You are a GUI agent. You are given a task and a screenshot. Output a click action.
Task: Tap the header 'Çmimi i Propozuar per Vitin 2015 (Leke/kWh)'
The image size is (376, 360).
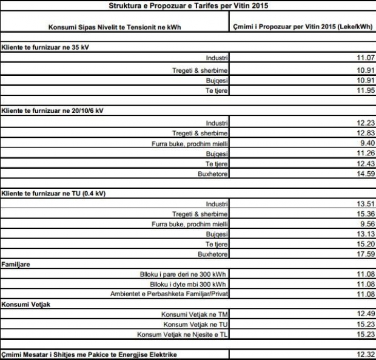coord(303,27)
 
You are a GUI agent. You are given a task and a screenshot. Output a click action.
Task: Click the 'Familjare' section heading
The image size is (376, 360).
coord(15,265)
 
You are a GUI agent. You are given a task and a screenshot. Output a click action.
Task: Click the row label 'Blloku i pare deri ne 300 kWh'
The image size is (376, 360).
coord(183,274)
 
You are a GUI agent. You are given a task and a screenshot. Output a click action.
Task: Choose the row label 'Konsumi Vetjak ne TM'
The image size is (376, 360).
coord(193,314)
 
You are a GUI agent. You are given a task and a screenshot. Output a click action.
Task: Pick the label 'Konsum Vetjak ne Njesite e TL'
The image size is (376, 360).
coord(181,334)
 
